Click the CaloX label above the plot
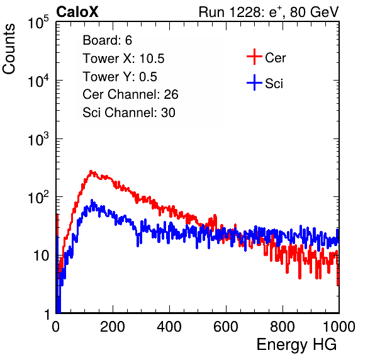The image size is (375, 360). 77,12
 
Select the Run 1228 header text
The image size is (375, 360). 269,13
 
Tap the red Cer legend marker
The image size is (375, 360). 254,57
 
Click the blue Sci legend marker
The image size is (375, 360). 254,82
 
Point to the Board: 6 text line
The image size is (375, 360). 107,40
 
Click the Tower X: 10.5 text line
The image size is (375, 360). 123,59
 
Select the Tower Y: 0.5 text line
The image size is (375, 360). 120,77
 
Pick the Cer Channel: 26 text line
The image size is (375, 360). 130,94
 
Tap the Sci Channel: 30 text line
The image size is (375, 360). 129,113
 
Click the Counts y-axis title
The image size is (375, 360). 9,49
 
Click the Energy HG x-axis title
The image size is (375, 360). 296,345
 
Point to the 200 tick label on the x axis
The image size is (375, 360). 113,327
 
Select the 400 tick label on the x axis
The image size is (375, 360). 169,327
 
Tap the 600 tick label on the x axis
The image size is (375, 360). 226,327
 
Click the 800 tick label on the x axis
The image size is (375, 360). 283,327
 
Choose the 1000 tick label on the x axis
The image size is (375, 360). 339,327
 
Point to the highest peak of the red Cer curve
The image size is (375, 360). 91,171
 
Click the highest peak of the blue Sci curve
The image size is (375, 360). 92,200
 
